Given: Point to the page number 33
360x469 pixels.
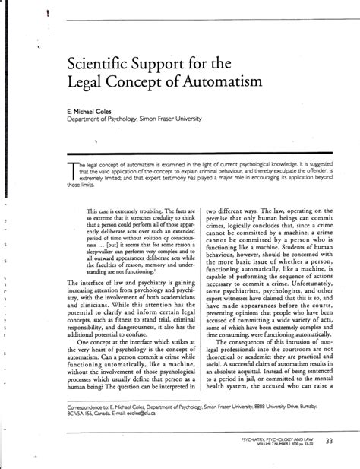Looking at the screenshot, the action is [x=329, y=442].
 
